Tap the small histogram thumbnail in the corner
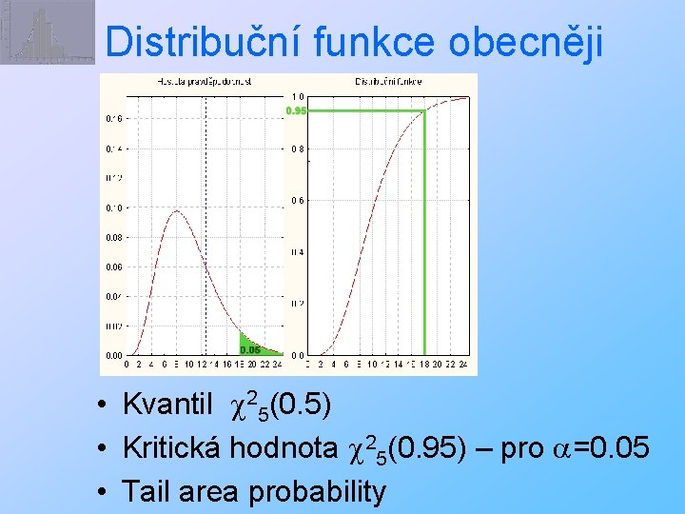47,31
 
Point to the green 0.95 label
297,111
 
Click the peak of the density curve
175,211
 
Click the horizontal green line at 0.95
366,111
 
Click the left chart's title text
204,83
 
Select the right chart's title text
390,83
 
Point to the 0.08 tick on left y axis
113,237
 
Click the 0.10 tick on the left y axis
113,208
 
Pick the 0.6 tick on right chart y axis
298,200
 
